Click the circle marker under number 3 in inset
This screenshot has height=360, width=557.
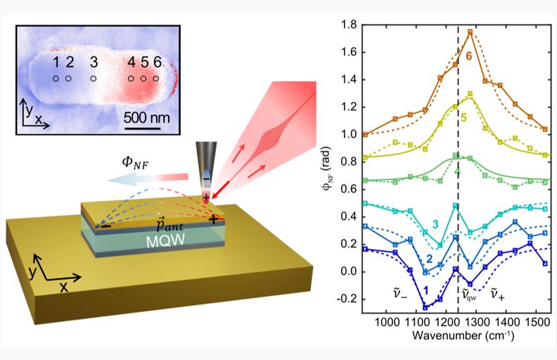click(x=94, y=78)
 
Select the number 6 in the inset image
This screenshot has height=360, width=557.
click(x=157, y=63)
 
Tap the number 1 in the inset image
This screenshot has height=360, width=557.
click(x=56, y=63)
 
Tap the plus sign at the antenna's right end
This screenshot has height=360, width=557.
click(x=212, y=219)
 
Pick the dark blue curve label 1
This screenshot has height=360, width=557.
click(x=427, y=290)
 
